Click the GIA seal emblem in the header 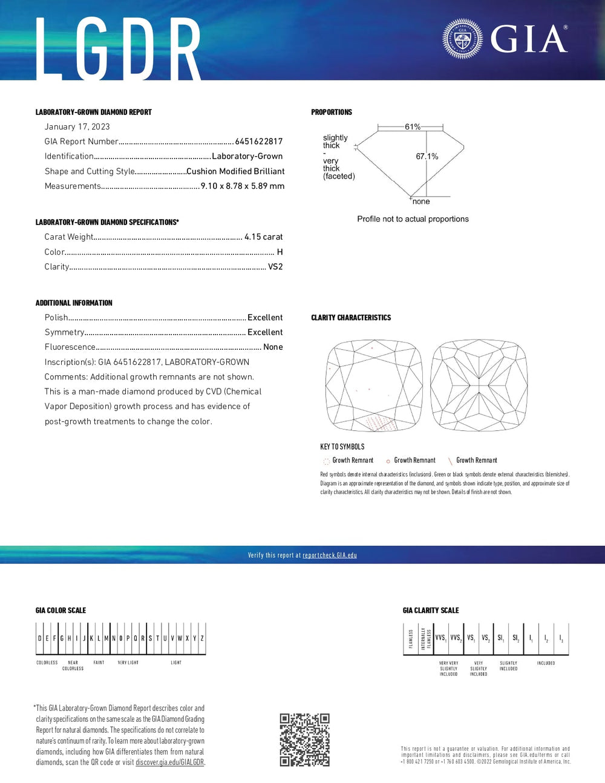coord(462,39)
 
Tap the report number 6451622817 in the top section coord(258,142)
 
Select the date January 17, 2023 coord(77,126)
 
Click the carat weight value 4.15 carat coord(263,237)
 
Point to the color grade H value coord(280,252)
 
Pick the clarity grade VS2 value coord(275,267)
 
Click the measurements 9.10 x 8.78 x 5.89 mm coord(242,186)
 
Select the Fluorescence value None coord(273,347)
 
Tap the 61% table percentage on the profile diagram coord(413,126)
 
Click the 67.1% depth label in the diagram coord(427,156)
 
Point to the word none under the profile coord(421,201)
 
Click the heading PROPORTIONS coord(332,113)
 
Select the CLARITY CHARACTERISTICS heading coord(351,318)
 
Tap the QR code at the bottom coord(304,739)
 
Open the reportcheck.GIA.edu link coord(330,555)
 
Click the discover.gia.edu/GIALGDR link coord(170,762)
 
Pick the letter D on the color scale coord(40,638)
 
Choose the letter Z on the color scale coord(202,638)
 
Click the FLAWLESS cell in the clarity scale coord(411,639)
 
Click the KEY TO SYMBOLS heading coord(342,447)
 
